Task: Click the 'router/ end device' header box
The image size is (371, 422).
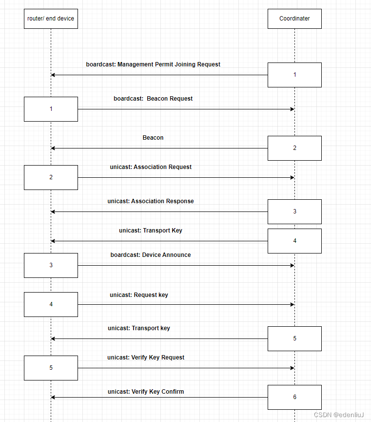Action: coord(51,19)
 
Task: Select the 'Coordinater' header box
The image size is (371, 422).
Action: coord(294,19)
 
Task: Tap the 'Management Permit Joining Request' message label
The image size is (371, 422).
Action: coord(153,64)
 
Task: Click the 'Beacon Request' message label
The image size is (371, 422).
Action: coord(153,99)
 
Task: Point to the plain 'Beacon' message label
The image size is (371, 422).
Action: coord(153,138)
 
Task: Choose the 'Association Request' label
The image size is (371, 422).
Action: coord(151,167)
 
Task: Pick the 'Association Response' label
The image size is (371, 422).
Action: coord(151,201)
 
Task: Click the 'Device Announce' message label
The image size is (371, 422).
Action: coord(151,255)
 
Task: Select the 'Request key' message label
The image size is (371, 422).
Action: coord(139,295)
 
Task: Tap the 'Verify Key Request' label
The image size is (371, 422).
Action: coord(146,358)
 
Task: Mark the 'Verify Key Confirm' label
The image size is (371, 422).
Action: coord(146,392)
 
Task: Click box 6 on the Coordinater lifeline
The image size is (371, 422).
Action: coord(294,397)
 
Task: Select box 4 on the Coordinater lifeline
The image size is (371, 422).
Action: coord(294,241)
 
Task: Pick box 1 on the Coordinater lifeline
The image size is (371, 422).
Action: coord(294,75)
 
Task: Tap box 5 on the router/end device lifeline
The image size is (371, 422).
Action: coord(51,368)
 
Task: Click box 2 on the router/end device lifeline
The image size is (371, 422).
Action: coord(51,177)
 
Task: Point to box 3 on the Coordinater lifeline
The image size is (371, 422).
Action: coord(294,211)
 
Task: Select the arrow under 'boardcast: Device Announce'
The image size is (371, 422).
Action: coord(185,265)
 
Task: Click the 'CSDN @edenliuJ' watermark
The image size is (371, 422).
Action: coord(339,415)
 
